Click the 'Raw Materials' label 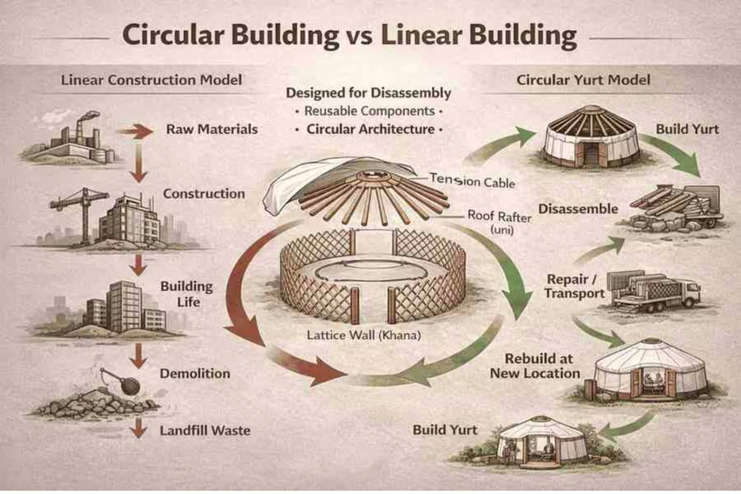click(212, 129)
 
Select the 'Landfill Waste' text click(205, 431)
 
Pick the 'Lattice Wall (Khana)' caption click(364, 335)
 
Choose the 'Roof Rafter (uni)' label click(499, 222)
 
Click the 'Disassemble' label click(578, 209)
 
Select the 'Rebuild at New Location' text click(535, 366)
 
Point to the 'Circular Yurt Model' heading click(583, 80)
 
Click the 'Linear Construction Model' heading click(151, 80)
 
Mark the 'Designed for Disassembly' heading click(368, 93)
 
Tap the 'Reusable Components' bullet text click(369, 111)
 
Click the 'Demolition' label click(195, 374)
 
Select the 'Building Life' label click(187, 294)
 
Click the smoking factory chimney click(80, 123)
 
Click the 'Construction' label click(204, 194)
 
